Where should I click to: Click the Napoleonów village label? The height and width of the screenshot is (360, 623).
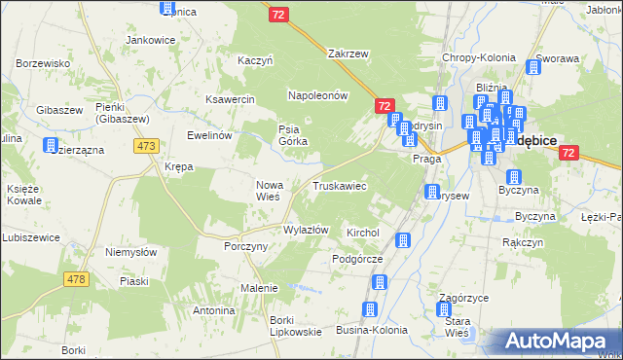tap(317, 95)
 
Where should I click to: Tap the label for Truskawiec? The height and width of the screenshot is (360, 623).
tap(339, 185)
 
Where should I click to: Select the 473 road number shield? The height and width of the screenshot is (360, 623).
tap(147, 146)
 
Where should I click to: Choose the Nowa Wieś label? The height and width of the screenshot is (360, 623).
tap(269, 190)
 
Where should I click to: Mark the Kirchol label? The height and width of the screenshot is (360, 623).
tap(362, 234)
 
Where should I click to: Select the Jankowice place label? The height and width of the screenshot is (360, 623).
tap(150, 40)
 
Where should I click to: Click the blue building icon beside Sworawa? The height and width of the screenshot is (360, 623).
tap(533, 67)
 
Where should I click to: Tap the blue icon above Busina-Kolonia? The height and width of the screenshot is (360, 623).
tap(369, 309)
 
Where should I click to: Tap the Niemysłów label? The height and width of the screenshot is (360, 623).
tap(130, 251)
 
